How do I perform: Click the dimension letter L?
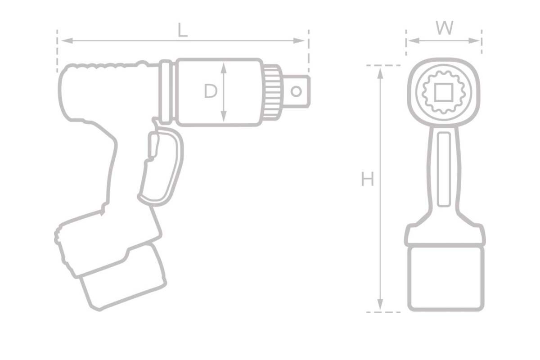(x=182, y=31)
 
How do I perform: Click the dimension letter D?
(x=210, y=91)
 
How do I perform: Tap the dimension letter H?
(x=368, y=180)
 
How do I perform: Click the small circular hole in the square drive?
(x=296, y=91)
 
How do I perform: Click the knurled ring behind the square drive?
(x=271, y=91)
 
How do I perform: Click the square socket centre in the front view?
(x=443, y=92)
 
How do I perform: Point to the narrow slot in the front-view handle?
(x=444, y=169)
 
